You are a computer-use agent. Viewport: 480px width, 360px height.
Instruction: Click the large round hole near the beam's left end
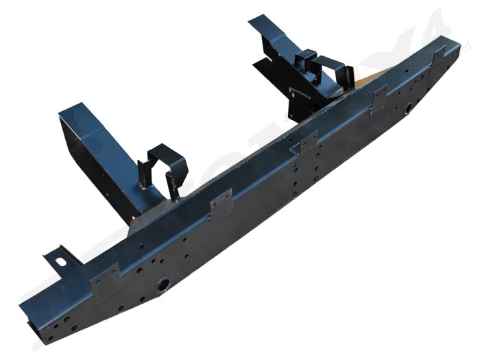pyautogui.click(x=163, y=283)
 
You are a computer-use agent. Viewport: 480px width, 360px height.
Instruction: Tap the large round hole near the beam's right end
pyautogui.click(x=407, y=108)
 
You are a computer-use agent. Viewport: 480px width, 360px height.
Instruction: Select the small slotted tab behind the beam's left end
pyautogui.click(x=61, y=261)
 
